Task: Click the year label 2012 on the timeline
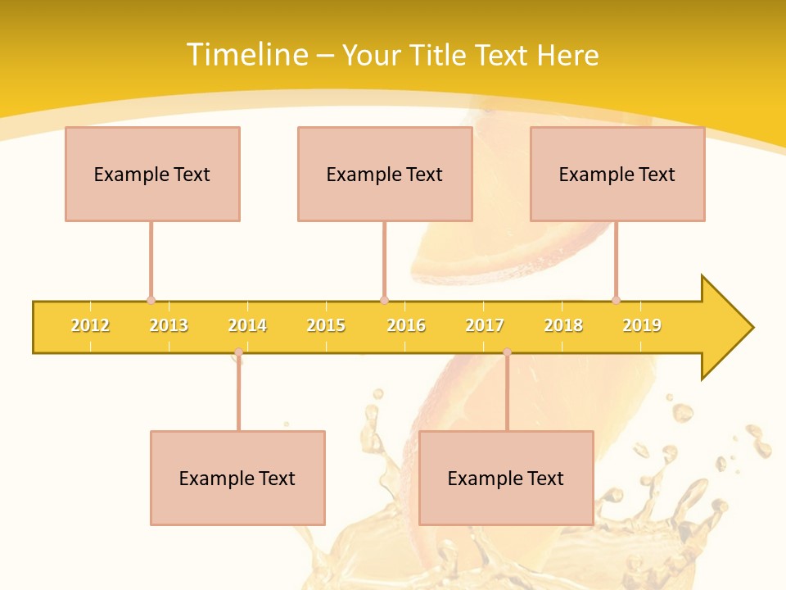(x=90, y=325)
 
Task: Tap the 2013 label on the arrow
(x=169, y=325)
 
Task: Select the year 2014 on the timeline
(x=247, y=325)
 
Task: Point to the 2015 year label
(x=326, y=325)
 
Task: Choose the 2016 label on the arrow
(x=406, y=325)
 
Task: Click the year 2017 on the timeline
(x=485, y=325)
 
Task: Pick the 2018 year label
(x=563, y=325)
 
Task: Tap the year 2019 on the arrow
(x=642, y=325)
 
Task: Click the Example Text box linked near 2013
(x=152, y=174)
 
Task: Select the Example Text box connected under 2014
(x=237, y=478)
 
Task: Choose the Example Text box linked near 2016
(x=385, y=174)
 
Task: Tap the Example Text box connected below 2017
(x=506, y=478)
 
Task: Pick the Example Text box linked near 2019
(x=617, y=174)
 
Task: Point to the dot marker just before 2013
(x=151, y=300)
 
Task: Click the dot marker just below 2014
(x=238, y=352)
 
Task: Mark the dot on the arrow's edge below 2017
(x=507, y=352)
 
